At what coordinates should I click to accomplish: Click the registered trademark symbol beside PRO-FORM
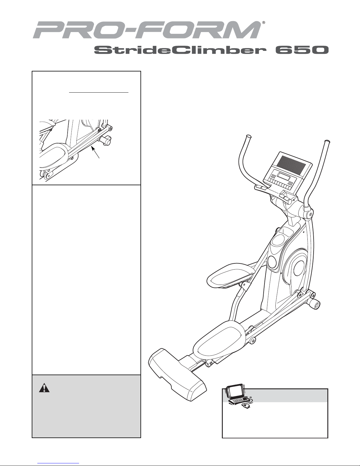264,22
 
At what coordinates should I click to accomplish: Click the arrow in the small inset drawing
96,152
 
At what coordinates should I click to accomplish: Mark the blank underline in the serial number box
99,92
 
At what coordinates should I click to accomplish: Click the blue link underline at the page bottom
58,463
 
